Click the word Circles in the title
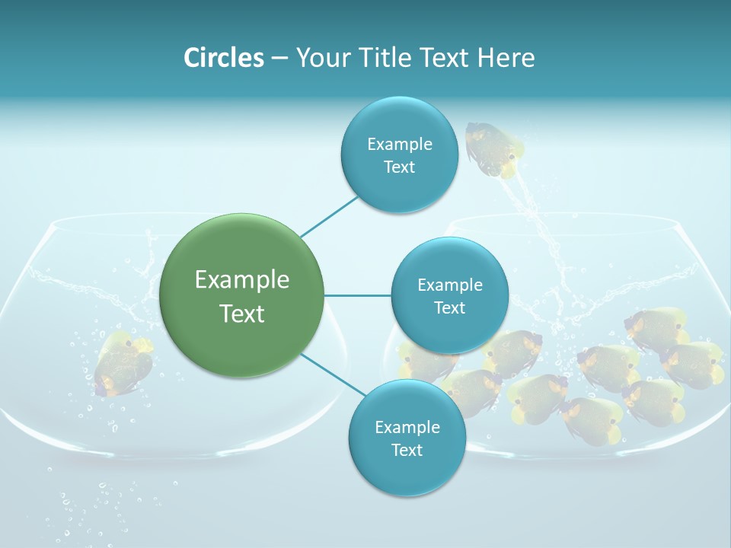223,58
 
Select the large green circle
242,295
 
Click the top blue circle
399,155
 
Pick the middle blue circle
449,295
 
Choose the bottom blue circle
407,438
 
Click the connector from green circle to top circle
329,216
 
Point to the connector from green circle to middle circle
358,295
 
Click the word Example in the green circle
242,279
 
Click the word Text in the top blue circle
399,167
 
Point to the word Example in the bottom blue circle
407,427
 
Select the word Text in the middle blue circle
449,307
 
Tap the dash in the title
279,58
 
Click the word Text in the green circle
242,313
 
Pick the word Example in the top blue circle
399,144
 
